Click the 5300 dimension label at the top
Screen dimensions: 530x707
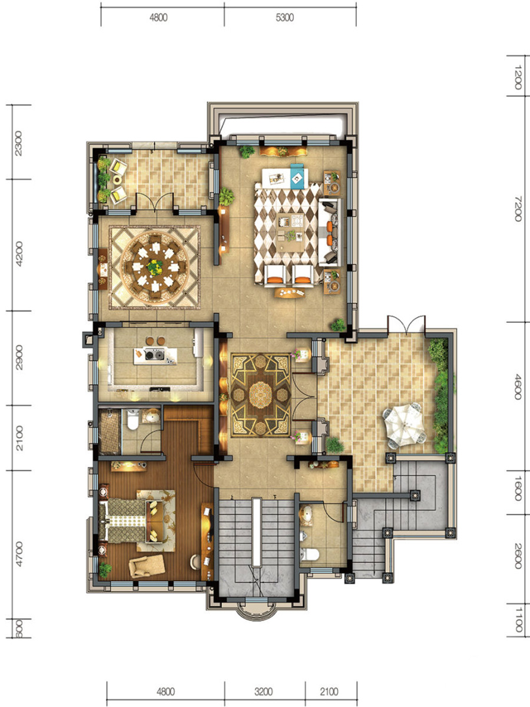click(x=284, y=18)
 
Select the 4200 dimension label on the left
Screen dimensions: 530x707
click(x=19, y=254)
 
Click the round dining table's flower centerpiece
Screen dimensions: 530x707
click(x=155, y=267)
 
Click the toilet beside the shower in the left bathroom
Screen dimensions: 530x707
click(x=132, y=419)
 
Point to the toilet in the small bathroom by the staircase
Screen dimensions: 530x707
click(x=310, y=554)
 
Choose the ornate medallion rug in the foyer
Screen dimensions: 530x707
click(x=261, y=395)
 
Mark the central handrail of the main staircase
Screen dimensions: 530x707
click(x=256, y=532)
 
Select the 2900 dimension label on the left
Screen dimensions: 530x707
click(x=19, y=357)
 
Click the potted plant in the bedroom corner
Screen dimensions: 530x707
click(x=105, y=570)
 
